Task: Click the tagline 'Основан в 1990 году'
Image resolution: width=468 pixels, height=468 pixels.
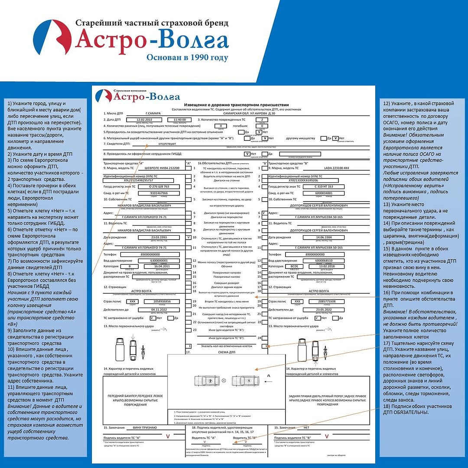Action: click(x=187, y=57)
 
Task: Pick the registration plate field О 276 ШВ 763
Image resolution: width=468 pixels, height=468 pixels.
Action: click(x=159, y=186)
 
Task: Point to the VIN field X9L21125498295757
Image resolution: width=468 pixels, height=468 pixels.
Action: click(x=139, y=180)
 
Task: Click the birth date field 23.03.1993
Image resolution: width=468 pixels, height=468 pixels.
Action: click(x=159, y=237)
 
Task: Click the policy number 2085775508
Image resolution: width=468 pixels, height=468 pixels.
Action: click(x=327, y=301)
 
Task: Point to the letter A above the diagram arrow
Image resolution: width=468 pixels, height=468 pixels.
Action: click(x=269, y=375)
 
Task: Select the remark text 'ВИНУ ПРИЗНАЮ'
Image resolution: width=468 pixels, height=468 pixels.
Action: click(x=145, y=428)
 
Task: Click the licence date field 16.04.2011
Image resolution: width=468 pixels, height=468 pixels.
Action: click(x=159, y=266)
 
